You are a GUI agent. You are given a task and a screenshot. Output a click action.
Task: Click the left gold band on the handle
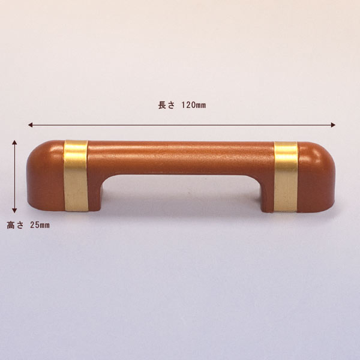(x=76, y=176)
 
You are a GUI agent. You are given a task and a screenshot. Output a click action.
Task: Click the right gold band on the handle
(x=286, y=177)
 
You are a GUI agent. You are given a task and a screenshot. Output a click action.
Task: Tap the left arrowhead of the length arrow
(x=30, y=125)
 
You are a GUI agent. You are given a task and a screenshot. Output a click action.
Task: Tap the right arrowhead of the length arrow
(x=333, y=125)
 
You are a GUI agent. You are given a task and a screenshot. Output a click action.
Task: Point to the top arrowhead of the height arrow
(x=14, y=142)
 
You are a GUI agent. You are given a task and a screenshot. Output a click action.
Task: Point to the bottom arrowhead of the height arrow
(x=14, y=211)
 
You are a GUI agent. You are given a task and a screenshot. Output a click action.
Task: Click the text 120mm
(x=194, y=105)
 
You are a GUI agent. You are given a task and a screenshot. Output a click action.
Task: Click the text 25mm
(x=40, y=225)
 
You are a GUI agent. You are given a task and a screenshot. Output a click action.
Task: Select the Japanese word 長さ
(x=166, y=105)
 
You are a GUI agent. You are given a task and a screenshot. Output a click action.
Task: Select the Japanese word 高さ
(x=15, y=225)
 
